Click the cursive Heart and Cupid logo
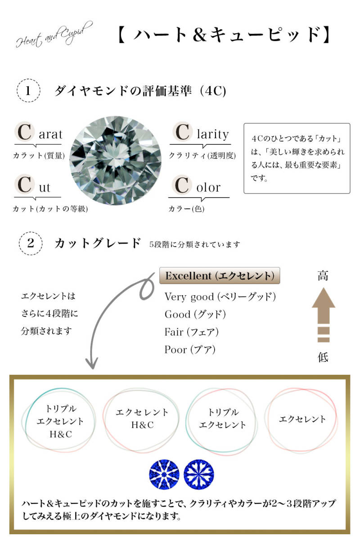54,35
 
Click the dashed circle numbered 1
28,90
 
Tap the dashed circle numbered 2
31,243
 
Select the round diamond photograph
116,161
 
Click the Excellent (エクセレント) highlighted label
220,275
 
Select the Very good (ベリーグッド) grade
220,297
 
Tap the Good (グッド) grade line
195,315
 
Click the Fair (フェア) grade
191,332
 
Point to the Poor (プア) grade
190,350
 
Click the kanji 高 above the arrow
323,275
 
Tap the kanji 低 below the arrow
323,357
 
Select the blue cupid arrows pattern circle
164,474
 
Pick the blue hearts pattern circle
199,474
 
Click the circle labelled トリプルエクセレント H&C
26,421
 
